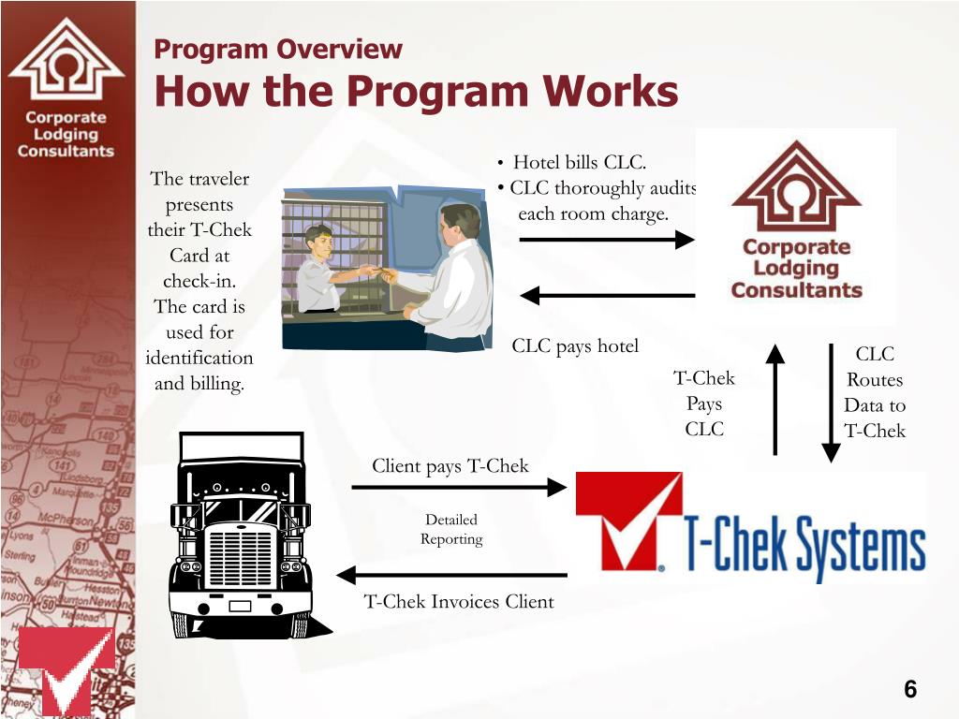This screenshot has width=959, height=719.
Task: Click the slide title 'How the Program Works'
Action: click(x=416, y=93)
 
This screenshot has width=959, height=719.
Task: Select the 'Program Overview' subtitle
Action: click(x=278, y=50)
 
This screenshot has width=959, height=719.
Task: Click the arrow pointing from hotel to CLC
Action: click(x=605, y=241)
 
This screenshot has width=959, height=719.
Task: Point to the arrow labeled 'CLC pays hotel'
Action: click(x=607, y=296)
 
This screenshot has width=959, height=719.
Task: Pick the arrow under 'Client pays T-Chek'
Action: click(x=459, y=487)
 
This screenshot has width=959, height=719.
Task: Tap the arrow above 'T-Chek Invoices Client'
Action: click(x=451, y=574)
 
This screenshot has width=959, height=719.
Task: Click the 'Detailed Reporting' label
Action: click(x=451, y=530)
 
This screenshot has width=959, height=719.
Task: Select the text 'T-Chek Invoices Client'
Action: click(x=459, y=602)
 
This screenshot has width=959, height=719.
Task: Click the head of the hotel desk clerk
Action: click(x=318, y=239)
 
